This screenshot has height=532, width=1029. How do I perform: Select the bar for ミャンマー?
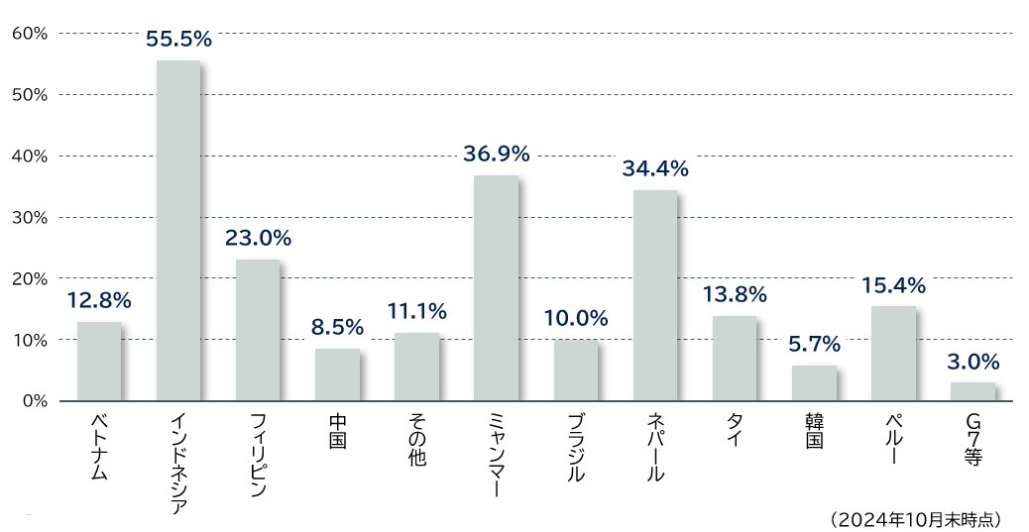496,288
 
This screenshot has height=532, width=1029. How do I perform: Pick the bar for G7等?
972,391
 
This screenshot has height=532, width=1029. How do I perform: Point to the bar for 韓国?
814,383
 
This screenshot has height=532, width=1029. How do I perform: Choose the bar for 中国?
337,374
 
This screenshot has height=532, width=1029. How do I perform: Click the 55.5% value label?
178,40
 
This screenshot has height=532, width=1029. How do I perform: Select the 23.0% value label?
258,238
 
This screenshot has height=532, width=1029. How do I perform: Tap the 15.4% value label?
892,286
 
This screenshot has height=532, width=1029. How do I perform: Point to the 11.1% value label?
416,311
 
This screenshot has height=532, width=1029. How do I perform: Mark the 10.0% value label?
575,319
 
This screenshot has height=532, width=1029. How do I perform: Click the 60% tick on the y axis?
30,33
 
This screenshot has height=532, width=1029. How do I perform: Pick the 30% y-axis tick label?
30,217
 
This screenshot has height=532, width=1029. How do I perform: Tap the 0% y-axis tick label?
35,401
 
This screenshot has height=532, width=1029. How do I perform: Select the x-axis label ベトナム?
99,448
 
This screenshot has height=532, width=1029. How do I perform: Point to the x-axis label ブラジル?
575,449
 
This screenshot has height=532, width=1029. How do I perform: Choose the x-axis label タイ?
735,432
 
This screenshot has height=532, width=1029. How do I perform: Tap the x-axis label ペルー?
892,441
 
